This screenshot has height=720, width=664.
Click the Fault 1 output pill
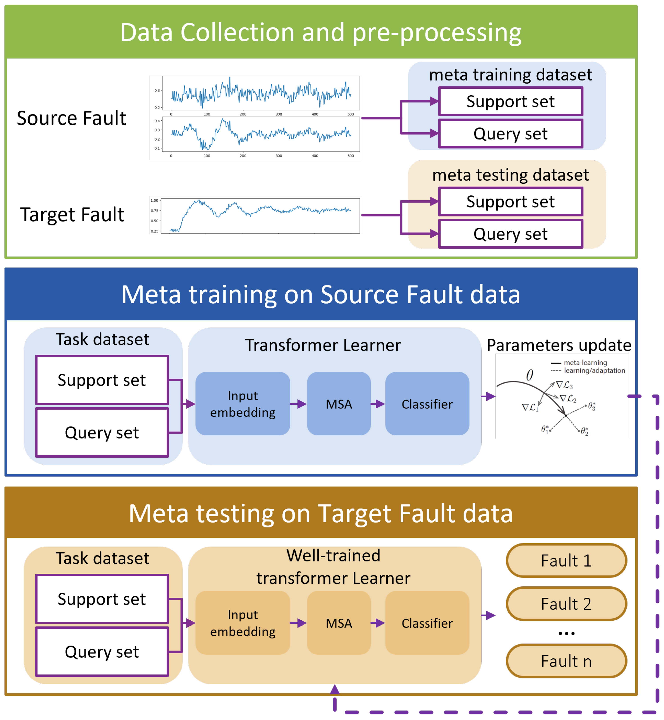click(566, 561)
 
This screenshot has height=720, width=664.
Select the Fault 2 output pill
click(566, 604)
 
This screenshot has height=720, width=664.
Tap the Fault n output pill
click(566, 661)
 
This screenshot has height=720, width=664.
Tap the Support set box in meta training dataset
click(510, 101)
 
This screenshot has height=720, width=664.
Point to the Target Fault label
click(72, 215)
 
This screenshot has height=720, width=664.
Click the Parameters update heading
click(559, 345)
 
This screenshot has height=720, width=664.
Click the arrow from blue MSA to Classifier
click(378, 404)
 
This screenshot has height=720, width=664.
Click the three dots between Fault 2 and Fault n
click(566, 634)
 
